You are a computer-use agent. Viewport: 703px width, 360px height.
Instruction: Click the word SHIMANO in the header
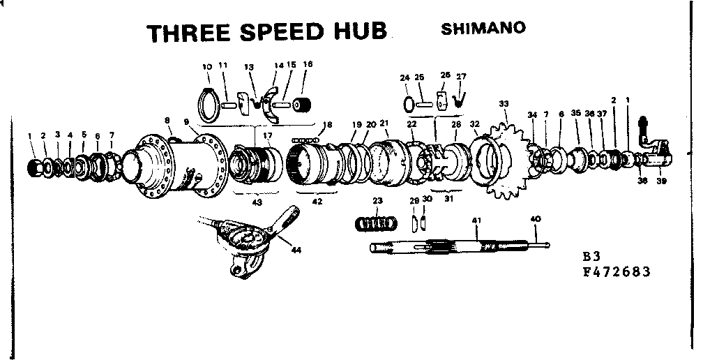(483, 29)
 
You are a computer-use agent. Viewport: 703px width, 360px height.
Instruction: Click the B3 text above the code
(591, 255)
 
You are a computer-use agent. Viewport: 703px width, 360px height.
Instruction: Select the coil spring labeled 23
(377, 224)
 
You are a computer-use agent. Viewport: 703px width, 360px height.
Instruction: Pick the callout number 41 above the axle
(477, 220)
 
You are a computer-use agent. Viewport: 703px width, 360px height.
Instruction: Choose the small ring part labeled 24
(406, 103)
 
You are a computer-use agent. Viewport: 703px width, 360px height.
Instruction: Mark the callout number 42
(317, 202)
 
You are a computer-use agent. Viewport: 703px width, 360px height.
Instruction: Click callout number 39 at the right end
(661, 184)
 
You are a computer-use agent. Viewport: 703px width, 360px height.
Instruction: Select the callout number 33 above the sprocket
(504, 103)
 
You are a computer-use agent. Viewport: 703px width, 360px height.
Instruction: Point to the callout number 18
(327, 125)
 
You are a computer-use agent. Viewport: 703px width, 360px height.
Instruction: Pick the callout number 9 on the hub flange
(187, 121)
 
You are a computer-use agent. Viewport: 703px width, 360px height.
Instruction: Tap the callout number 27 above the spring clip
(461, 76)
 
